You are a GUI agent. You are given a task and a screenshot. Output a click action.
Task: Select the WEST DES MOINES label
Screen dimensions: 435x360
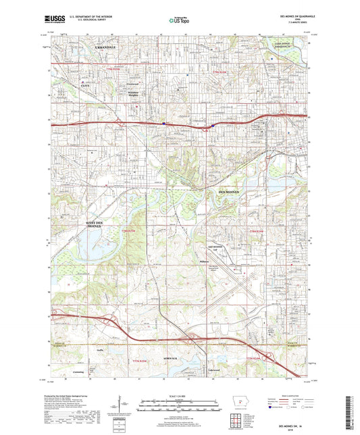coord(99,225)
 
